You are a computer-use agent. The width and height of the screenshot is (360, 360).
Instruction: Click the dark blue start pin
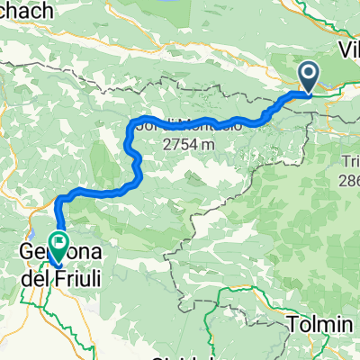308,76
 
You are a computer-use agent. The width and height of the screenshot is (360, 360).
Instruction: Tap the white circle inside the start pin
308,74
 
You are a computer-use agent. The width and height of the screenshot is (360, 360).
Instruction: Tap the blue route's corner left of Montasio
134,121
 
